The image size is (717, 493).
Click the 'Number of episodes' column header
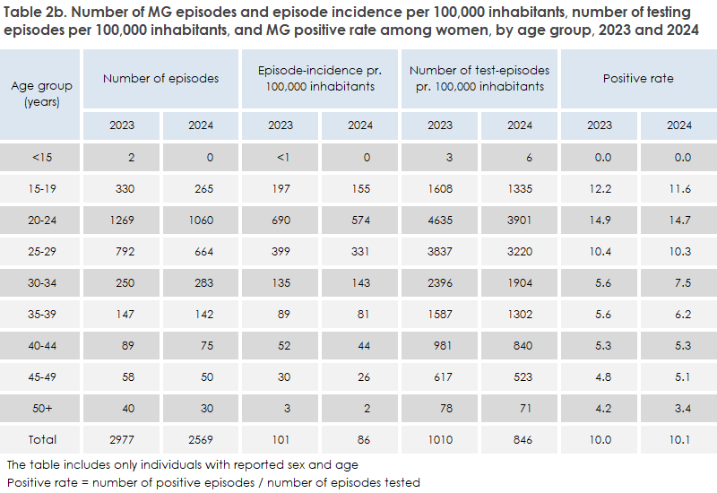click(160, 78)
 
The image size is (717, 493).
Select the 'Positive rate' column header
click(637, 78)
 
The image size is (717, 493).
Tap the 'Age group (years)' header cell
click(41, 93)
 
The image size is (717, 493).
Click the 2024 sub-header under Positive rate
click(678, 125)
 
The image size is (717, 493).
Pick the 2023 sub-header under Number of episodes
click(122, 125)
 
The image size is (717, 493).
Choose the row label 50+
click(41, 408)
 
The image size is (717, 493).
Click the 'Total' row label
click(41, 439)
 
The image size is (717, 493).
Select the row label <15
click(41, 157)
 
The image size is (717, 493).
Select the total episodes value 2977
click(122, 439)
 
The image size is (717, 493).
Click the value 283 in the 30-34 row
click(201, 282)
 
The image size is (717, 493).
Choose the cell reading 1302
click(520, 314)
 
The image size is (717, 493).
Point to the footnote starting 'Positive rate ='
click(213, 482)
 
